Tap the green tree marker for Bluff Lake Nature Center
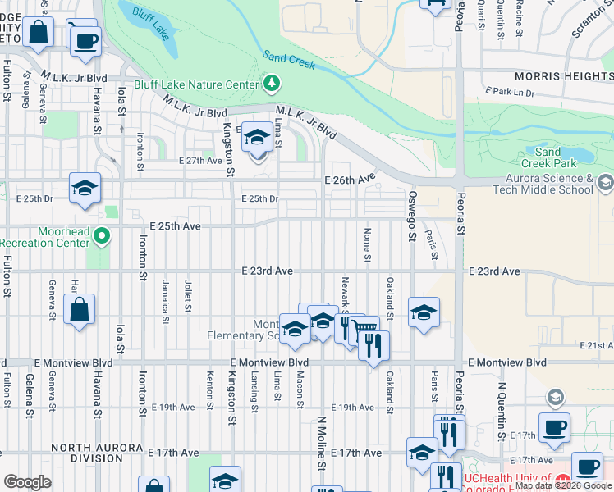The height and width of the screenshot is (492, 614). (x=271, y=84)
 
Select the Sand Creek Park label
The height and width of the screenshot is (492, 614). (x=548, y=157)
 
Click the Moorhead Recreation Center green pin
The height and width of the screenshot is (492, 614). (x=102, y=237)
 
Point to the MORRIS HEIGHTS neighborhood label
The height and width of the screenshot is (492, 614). (x=563, y=76)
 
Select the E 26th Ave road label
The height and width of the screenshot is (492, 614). (x=349, y=179)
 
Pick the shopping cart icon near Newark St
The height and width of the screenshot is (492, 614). (x=364, y=331)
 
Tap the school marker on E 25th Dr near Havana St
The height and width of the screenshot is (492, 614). (x=85, y=189)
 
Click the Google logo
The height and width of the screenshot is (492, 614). (x=27, y=482)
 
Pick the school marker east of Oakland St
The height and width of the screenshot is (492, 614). (x=424, y=312)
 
